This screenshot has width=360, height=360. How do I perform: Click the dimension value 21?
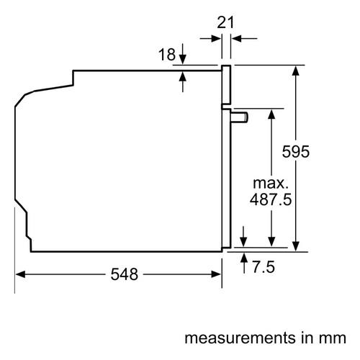[x=225, y=22]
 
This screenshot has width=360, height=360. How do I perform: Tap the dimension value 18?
[x=167, y=55]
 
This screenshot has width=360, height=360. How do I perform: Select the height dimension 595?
[x=296, y=152]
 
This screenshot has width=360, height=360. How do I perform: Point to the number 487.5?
[x=271, y=199]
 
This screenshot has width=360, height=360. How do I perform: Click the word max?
[x=271, y=184]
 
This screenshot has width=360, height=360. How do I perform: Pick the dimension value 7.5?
[x=264, y=267]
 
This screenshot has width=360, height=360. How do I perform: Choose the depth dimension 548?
[x=125, y=274]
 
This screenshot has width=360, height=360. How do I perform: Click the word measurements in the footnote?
[x=240, y=338]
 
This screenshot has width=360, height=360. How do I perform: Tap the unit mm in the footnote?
[x=333, y=338]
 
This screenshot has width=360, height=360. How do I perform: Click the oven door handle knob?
[x=240, y=117]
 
